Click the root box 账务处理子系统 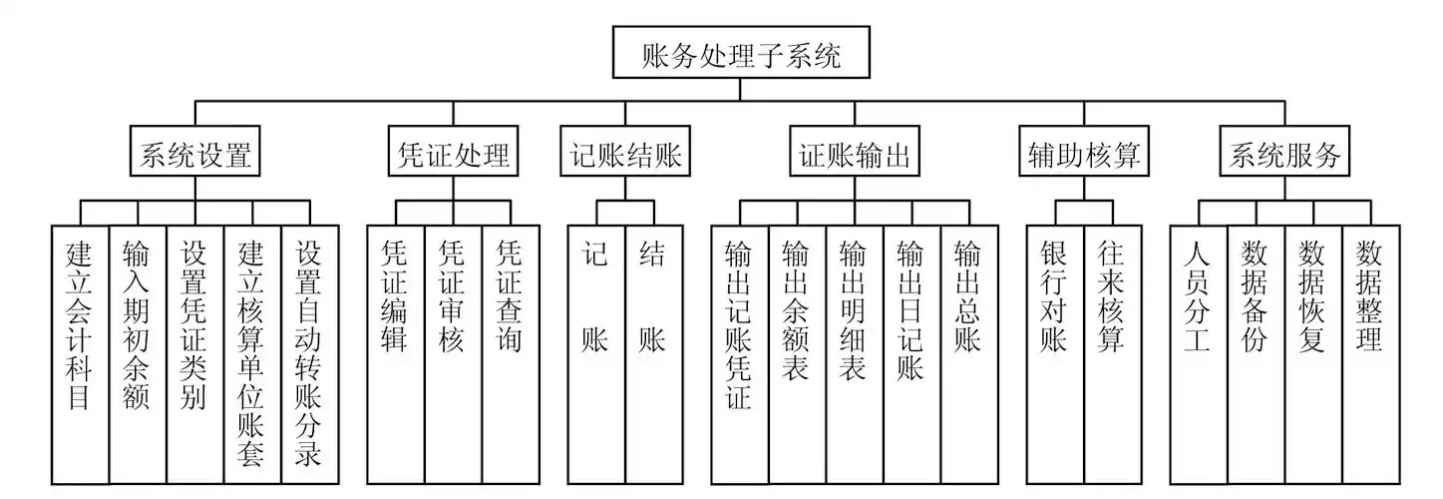pyautogui.click(x=740, y=55)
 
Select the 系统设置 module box pyautogui.click(x=194, y=156)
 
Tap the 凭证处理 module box pyautogui.click(x=454, y=156)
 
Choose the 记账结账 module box pyautogui.click(x=625, y=156)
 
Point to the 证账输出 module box pyautogui.click(x=855, y=156)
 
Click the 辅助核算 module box pyautogui.click(x=1084, y=156)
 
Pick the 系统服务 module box pyautogui.click(x=1284, y=156)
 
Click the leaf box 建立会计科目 pyautogui.click(x=80, y=354)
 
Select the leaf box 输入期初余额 pyautogui.click(x=138, y=354)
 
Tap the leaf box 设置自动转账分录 pyautogui.click(x=310, y=354)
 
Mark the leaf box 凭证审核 pyautogui.click(x=453, y=354)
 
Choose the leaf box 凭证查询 pyautogui.click(x=511, y=354)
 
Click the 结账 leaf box pyautogui.click(x=654, y=354)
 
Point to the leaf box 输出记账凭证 pyautogui.click(x=740, y=354)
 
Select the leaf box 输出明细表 pyautogui.click(x=855, y=354)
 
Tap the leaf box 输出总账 pyautogui.click(x=969, y=354)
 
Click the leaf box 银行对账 pyautogui.click(x=1055, y=354)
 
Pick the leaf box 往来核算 pyautogui.click(x=1113, y=354)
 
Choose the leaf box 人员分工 pyautogui.click(x=1199, y=354)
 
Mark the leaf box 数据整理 pyautogui.click(x=1371, y=354)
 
